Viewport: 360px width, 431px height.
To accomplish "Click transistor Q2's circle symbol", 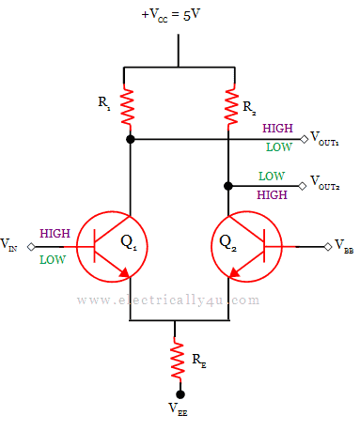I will click(246, 247).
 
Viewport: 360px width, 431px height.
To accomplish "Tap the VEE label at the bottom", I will click(179, 410).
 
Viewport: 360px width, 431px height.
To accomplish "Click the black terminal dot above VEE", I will click(179, 394).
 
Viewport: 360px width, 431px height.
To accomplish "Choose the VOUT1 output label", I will click(325, 139).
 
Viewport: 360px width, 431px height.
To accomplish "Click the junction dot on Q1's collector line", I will click(130, 139).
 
